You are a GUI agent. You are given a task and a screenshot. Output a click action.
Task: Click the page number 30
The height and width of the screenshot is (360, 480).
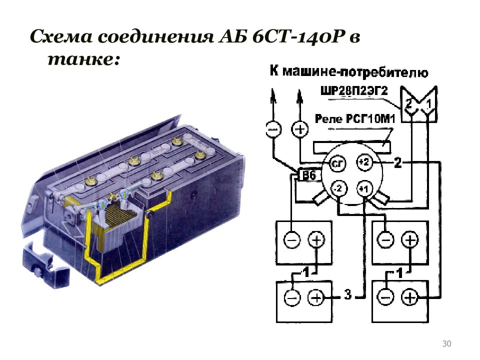tap(447, 343)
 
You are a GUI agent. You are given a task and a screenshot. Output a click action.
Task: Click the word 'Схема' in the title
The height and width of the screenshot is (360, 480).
tap(62, 37)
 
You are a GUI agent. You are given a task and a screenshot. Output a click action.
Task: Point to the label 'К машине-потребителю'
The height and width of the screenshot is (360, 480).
tap(348, 71)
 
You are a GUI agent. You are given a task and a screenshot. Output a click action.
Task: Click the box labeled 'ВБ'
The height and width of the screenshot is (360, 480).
tap(307, 175)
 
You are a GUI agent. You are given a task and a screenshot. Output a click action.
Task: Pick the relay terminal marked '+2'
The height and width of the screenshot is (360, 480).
tap(364, 162)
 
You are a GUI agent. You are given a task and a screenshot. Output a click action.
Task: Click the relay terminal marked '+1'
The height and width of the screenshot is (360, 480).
tap(364, 189)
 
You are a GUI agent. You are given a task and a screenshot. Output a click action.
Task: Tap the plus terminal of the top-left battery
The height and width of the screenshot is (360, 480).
tap(316, 240)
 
